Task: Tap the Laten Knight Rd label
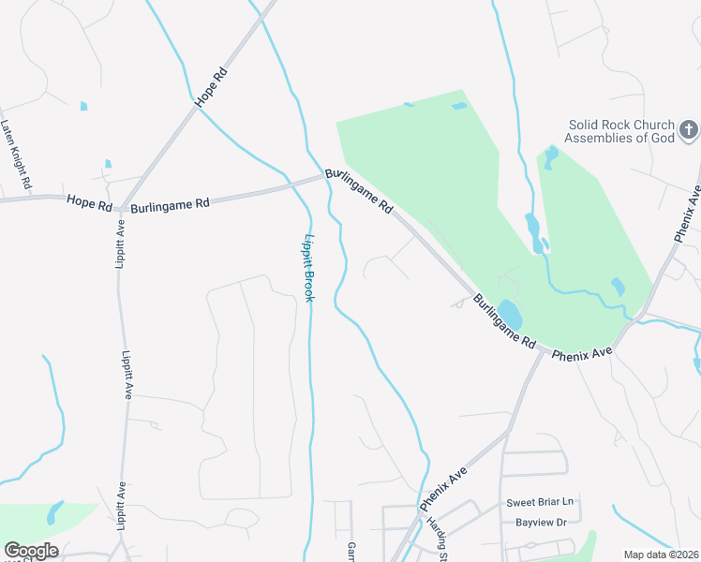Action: (x=17, y=149)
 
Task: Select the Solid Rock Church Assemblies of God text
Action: (x=621, y=132)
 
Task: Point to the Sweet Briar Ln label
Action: (x=538, y=503)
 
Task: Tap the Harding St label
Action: (x=435, y=538)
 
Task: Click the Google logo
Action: (x=31, y=551)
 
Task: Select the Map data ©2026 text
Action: (x=660, y=555)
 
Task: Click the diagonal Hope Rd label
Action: (x=210, y=86)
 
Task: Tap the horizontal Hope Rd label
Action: (x=89, y=201)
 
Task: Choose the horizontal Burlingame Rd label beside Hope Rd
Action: (x=171, y=205)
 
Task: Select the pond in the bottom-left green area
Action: (x=53, y=512)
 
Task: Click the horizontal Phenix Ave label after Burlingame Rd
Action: (x=581, y=354)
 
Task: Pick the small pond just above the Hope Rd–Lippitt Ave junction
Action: (x=108, y=164)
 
